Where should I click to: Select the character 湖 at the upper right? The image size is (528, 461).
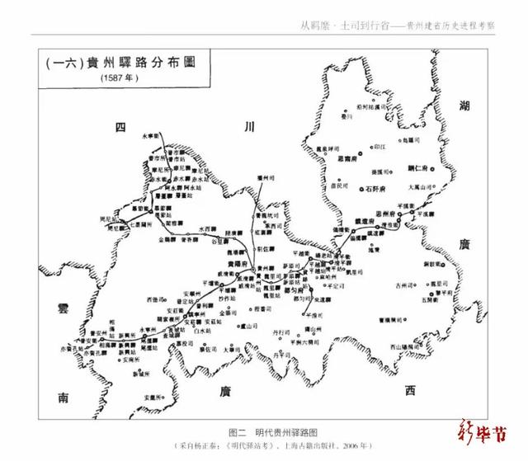pyautogui.click(x=464, y=105)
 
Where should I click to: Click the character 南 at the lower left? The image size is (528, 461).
pyautogui.click(x=64, y=398)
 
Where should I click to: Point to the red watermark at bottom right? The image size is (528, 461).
pyautogui.click(x=486, y=433)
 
